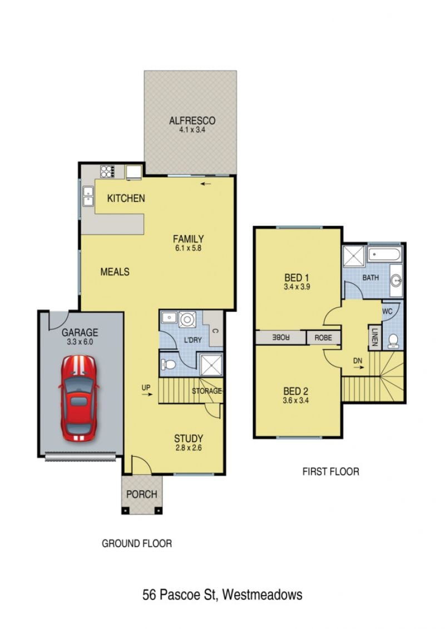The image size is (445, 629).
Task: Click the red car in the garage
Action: coord(79,398)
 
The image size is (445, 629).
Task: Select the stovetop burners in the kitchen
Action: coord(107,172)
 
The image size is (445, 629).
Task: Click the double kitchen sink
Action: coord(88,196)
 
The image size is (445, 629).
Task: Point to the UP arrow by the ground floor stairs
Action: coord(147,394)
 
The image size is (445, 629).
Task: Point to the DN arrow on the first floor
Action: coord(359,366)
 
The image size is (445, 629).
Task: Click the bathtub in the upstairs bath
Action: coord(385,255)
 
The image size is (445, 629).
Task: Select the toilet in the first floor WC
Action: coord(393,340)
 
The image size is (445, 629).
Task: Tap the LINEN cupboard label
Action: coord(375,337)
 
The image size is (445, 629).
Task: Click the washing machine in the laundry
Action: coord(187,320)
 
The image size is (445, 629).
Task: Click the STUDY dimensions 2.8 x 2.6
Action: coord(189,448)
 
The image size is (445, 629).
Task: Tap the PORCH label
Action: coord(142,494)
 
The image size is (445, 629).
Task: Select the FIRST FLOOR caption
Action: coord(330,472)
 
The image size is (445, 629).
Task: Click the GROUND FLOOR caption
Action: coord(137,543)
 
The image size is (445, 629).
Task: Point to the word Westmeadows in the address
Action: coord(262,594)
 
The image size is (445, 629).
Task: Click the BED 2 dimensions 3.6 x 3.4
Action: coord(296,400)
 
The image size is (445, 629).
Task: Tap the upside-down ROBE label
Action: coord(281,338)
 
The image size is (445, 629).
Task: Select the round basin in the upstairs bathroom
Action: coord(396,280)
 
